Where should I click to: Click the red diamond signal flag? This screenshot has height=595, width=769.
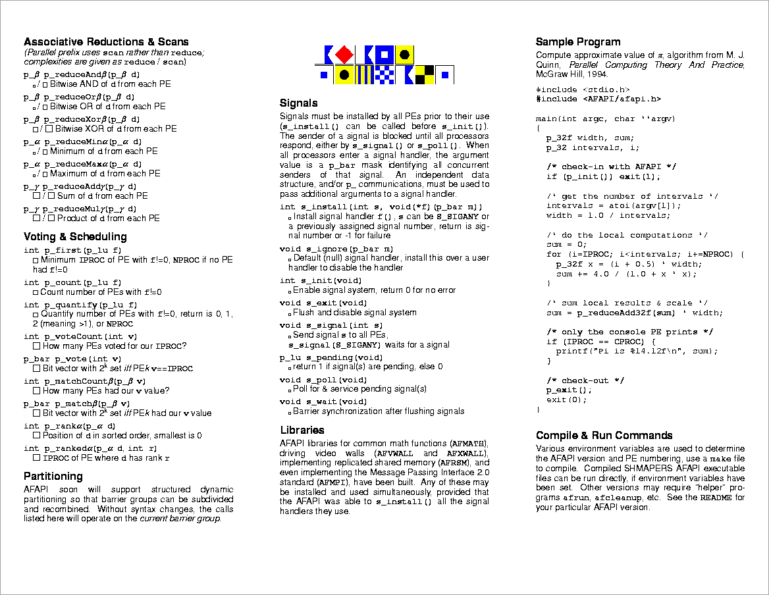pos(344,55)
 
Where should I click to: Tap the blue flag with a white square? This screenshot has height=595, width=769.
pos(385,55)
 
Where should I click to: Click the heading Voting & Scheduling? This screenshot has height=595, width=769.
pos(75,236)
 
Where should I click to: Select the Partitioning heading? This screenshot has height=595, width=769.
pos(53,476)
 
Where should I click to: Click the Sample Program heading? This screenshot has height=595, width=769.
pos(578,42)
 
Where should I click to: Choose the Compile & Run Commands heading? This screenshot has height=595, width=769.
pos(604,435)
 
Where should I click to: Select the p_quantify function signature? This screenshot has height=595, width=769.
pos(80,305)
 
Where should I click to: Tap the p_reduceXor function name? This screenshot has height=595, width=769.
pos(74,119)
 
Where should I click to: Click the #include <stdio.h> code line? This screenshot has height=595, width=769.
pos(583,90)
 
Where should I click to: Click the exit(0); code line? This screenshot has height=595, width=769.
pos(566,400)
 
